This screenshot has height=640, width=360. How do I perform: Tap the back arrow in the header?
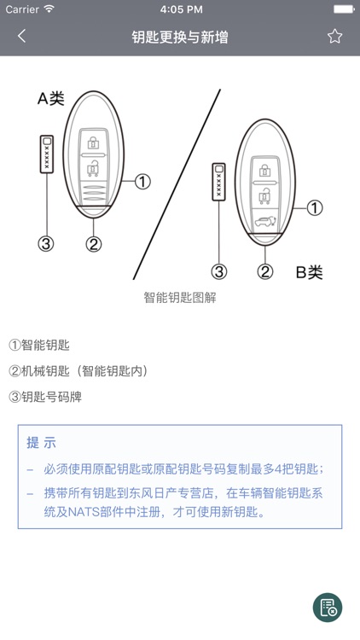(22, 36)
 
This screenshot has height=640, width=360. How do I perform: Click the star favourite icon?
(334, 36)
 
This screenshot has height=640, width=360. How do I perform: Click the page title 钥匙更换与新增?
(180, 37)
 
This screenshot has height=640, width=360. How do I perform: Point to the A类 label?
(50, 98)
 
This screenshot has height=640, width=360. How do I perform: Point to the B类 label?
(309, 272)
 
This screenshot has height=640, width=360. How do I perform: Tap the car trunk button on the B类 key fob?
(265, 224)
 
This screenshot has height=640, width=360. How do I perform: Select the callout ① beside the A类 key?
(142, 181)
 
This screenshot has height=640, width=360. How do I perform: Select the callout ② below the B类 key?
(265, 272)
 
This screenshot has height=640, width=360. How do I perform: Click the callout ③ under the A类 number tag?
(46, 244)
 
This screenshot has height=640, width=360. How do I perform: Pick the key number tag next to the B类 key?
(219, 180)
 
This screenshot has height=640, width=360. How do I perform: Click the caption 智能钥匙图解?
(180, 298)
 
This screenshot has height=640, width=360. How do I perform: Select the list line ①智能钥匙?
(39, 346)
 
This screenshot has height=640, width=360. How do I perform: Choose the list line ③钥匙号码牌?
(45, 397)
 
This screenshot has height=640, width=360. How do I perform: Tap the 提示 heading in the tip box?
(41, 443)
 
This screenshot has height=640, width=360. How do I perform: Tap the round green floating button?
(328, 608)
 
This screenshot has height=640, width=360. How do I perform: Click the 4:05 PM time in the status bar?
(180, 9)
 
